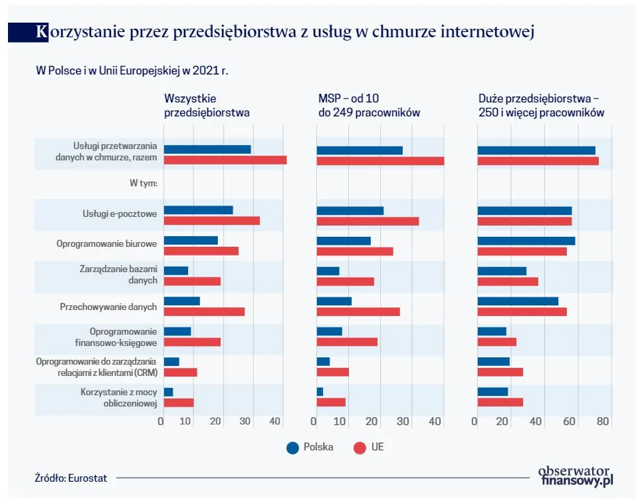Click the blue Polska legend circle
click(x=292, y=448)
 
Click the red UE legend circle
click(x=360, y=448)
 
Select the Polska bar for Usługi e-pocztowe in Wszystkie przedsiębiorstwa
click(x=198, y=210)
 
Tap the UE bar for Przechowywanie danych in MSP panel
click(x=358, y=311)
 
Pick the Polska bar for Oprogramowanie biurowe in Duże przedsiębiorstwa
click(x=526, y=241)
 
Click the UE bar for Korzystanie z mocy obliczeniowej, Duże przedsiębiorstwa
click(x=500, y=402)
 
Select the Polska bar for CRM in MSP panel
click(x=323, y=361)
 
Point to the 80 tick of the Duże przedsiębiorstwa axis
click(x=603, y=422)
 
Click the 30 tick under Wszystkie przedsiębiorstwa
click(x=245, y=422)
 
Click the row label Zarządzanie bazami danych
click(x=118, y=275)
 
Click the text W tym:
click(x=143, y=183)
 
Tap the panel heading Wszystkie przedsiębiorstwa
click(x=207, y=105)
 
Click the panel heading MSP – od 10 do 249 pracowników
click(x=368, y=105)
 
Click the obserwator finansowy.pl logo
click(x=576, y=475)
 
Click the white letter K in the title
click(x=42, y=31)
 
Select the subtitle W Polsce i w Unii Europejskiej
click(x=136, y=70)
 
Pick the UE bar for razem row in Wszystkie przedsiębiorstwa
click(x=225, y=160)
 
